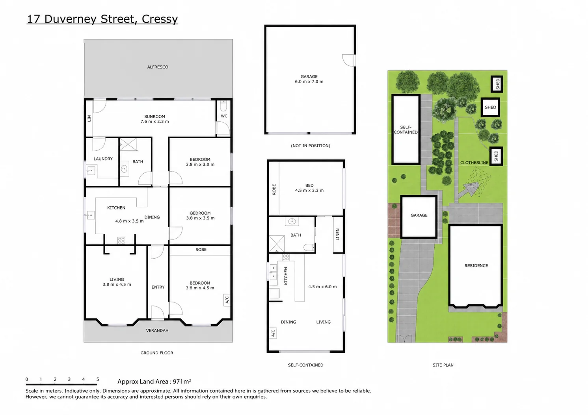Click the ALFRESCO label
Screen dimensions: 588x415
pos(158,67)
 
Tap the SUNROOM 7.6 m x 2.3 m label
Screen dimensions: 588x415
pos(154,119)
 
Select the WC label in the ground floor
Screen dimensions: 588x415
pos(224,116)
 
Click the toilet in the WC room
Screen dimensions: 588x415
pos(223,106)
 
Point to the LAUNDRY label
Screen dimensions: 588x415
pos(103,159)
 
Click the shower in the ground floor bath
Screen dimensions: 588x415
pos(128,145)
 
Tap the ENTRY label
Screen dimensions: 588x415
pos(158,287)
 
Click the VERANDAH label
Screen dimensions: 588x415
pos(157,330)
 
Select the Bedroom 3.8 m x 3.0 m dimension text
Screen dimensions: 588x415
pos(200,165)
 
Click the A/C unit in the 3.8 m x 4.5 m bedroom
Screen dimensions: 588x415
pos(227,300)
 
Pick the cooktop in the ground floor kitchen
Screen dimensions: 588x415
pos(121,240)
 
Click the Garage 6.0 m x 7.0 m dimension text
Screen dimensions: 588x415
pos(309,82)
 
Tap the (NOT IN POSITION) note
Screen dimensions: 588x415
pos(311,146)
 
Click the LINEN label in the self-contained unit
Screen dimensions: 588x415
pos(338,234)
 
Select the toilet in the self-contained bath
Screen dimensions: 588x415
pos(309,247)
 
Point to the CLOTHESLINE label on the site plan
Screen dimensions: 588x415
pos(474,163)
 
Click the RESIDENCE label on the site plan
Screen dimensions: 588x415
pos(476,266)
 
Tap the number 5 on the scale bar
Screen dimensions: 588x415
pos(98,379)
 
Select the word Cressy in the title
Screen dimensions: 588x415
pos(160,19)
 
